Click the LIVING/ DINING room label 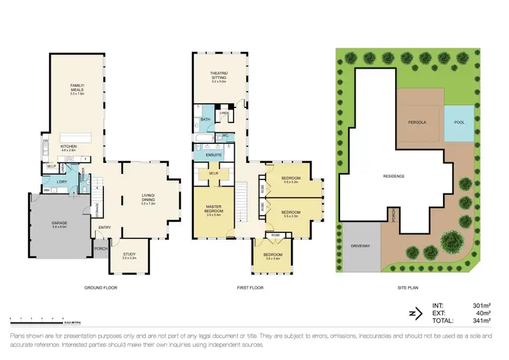click(148, 198)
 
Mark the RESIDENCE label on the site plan click(394, 176)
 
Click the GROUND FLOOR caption click(100, 288)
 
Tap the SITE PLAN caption click(407, 288)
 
